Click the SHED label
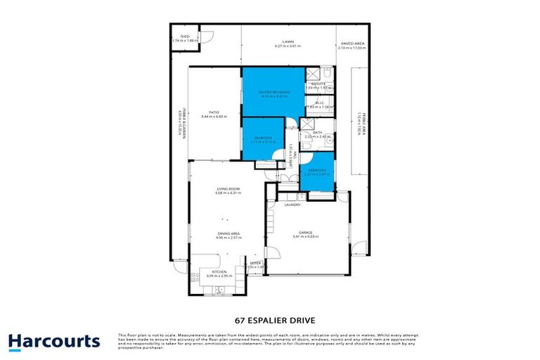coord(185,36)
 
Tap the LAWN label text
coord(288,41)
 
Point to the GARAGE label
coord(305,232)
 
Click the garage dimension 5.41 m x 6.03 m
coord(305,237)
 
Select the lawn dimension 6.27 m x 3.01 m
coord(288,46)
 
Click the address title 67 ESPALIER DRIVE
coord(270,318)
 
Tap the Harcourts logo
coord(54,342)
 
